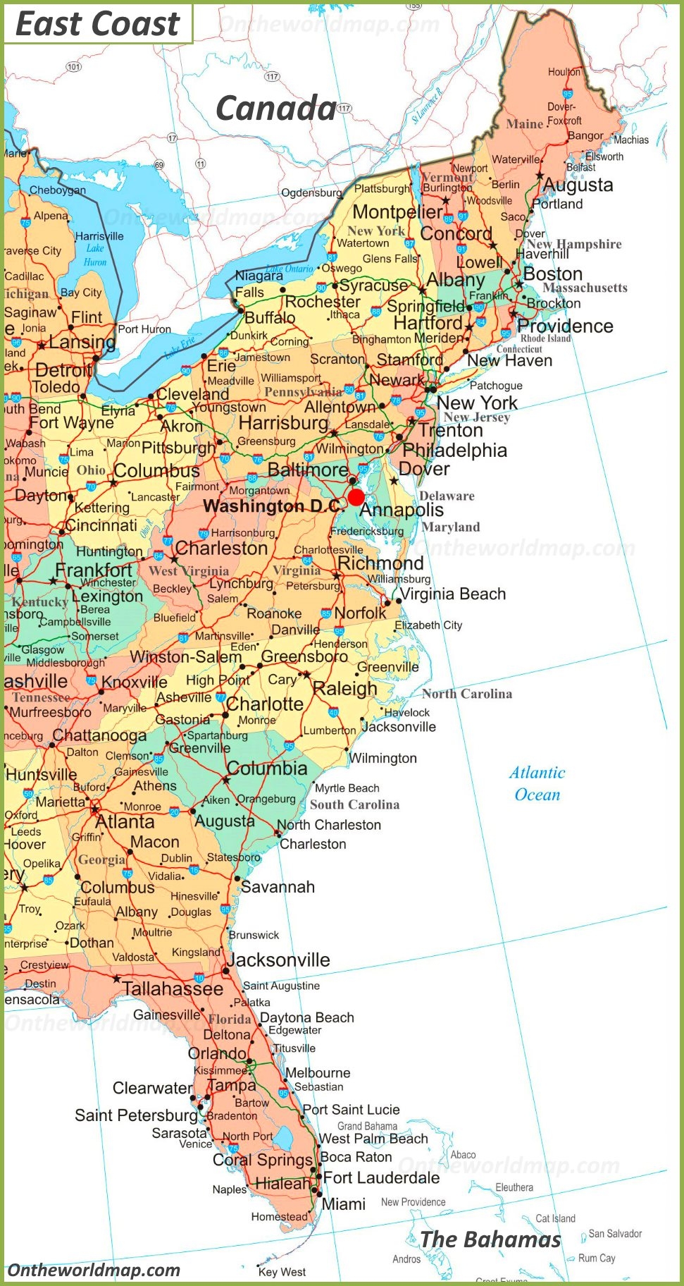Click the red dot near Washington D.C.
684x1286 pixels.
(356, 496)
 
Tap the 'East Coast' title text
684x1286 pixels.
(97, 24)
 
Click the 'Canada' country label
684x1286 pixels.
(275, 109)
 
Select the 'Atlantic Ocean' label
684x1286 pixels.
(537, 783)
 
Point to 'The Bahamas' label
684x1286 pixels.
(490, 1239)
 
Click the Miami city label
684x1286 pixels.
(344, 1204)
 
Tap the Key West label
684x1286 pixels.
(282, 1272)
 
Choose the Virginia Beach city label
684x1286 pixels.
(453, 594)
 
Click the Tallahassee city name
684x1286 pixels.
(173, 988)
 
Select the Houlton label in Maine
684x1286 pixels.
(564, 72)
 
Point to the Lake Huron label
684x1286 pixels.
(95, 255)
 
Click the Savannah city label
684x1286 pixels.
(278, 887)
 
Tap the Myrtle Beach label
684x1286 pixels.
(347, 788)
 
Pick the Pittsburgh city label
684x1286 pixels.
(179, 448)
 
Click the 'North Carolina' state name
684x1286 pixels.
(467, 694)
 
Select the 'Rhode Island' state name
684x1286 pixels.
(545, 338)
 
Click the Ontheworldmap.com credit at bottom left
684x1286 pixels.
(94, 1270)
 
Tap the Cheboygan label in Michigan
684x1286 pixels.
(58, 190)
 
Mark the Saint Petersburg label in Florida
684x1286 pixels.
(136, 1115)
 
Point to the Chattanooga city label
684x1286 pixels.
(99, 735)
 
